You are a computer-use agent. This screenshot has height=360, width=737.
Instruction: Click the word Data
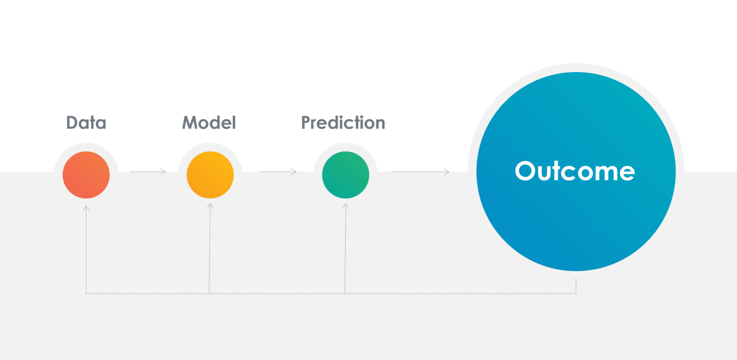pos(86,123)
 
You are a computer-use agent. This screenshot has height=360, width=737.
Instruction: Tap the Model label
pos(209,123)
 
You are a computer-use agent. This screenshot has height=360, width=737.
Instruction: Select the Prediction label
pos(343,123)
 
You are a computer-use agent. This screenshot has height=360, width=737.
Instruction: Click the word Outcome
pos(575,171)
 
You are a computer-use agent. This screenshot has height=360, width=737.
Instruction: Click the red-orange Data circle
pos(86,175)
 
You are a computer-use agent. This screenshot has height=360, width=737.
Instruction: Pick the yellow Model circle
pos(210,175)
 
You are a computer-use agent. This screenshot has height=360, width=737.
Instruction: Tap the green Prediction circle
pos(345,175)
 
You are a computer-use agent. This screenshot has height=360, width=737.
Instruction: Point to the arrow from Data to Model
pos(148,172)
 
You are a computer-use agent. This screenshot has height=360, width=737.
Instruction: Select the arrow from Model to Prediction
pos(279,172)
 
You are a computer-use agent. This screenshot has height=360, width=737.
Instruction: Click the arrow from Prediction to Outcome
pos(420,172)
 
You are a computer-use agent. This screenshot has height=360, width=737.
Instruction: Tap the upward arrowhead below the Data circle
pos(86,208)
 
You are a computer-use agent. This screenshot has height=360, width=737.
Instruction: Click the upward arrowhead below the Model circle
pos(210,206)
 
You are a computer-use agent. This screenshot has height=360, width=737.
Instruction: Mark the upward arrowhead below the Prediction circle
pos(346,206)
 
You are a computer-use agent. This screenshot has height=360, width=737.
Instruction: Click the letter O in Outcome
pos(526,171)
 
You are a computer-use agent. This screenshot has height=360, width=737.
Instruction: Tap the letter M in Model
pos(190,123)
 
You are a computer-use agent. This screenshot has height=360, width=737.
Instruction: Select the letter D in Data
pos(73,123)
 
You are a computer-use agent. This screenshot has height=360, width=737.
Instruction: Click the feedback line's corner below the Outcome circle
pos(576,293)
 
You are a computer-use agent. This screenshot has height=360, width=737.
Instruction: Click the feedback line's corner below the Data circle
pos(86,293)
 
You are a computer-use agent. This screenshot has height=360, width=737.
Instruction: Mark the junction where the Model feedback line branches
pos(209,293)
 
